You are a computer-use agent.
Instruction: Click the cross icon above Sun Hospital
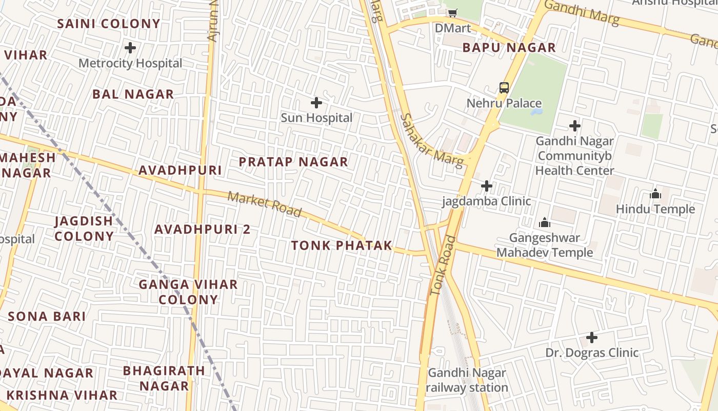pyautogui.click(x=316, y=103)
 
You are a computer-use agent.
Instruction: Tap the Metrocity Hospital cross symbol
pyautogui.click(x=130, y=48)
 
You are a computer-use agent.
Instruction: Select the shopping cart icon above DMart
pyautogui.click(x=452, y=13)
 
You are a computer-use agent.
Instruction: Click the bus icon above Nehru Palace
pyautogui.click(x=504, y=88)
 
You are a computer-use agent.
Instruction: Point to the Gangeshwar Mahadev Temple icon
pyautogui.click(x=544, y=223)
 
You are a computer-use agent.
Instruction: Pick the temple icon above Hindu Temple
pyautogui.click(x=655, y=194)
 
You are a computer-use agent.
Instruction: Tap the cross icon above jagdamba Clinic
pyautogui.click(x=487, y=186)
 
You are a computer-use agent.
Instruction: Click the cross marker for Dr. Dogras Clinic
pyautogui.click(x=592, y=338)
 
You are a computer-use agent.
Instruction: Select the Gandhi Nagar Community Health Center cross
pyautogui.click(x=575, y=126)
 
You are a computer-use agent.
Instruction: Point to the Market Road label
pyautogui.click(x=265, y=204)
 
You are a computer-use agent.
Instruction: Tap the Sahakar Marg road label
pyautogui.click(x=432, y=140)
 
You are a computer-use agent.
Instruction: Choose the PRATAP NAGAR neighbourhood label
pyautogui.click(x=294, y=162)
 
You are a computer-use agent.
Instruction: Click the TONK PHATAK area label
pyautogui.click(x=342, y=246)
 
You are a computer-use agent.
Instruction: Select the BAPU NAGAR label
pyautogui.click(x=509, y=48)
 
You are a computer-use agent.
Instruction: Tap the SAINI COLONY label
pyautogui.click(x=109, y=24)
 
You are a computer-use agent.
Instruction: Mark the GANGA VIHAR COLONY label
pyautogui.click(x=188, y=292)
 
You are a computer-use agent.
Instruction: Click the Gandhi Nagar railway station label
pyautogui.click(x=467, y=380)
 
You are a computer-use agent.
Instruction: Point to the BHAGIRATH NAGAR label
pyautogui.click(x=164, y=378)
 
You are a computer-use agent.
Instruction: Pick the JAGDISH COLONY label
pyautogui.click(x=84, y=229)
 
